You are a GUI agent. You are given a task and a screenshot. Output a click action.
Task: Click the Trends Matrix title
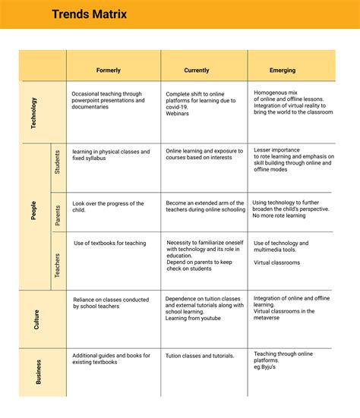click(89, 14)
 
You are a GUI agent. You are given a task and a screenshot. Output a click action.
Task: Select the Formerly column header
click(109, 70)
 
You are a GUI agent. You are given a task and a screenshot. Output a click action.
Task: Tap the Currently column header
click(196, 70)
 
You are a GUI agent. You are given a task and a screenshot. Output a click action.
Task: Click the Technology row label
click(33, 112)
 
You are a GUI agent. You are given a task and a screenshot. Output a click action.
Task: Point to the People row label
click(33, 210)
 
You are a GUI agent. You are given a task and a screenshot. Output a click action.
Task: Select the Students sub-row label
click(58, 162)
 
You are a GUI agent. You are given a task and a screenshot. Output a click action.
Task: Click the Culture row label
click(36, 319)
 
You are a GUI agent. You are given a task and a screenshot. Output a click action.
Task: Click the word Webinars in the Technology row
click(179, 114)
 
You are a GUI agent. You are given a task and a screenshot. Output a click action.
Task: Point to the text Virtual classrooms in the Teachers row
click(276, 263)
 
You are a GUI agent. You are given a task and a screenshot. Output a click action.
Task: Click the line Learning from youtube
click(193, 319)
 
